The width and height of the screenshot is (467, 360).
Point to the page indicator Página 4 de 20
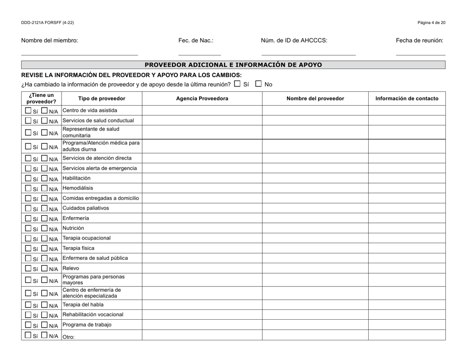(431, 23)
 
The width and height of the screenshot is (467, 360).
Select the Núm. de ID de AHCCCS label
(294, 41)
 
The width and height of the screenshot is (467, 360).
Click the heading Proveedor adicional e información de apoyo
(233, 65)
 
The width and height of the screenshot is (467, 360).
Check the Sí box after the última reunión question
(237, 83)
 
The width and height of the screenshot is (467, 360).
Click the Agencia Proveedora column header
(202, 98)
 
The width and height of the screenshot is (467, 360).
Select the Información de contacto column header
(407, 98)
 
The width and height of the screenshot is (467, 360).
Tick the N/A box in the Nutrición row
(45, 229)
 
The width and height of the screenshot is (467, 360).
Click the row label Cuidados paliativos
(86, 208)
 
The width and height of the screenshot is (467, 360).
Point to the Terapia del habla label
(83, 305)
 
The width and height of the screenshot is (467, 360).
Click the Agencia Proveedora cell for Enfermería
(202, 219)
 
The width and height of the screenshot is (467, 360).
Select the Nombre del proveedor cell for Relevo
(315, 269)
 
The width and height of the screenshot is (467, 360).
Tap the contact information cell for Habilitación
(407, 179)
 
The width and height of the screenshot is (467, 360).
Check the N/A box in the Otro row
(45, 336)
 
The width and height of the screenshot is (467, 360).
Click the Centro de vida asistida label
(89, 111)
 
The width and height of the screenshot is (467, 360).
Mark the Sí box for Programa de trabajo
(29, 325)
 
